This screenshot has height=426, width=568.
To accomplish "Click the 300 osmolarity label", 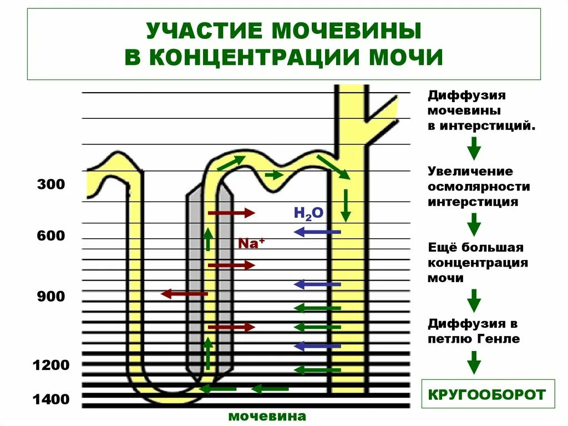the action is pos(51,184).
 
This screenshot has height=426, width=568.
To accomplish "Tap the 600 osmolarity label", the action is pos(51,236).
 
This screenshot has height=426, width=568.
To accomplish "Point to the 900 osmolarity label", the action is pos(51,297).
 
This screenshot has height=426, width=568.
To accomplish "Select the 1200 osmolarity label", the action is pos(51,365).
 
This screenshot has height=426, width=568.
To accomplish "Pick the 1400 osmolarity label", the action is pos(51,399).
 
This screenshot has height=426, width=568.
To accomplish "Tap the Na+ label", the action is pos(249,243).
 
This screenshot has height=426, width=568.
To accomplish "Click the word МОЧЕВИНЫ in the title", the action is pos(347,31).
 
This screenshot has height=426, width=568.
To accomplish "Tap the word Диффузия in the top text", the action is pos(466,95).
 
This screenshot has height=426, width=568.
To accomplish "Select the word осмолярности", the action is pos(479,187).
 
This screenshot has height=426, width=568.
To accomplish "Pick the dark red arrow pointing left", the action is pos(184,293).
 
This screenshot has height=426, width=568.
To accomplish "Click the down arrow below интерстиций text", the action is pos(473,148).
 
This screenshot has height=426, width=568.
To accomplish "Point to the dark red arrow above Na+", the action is pos(231,213).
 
